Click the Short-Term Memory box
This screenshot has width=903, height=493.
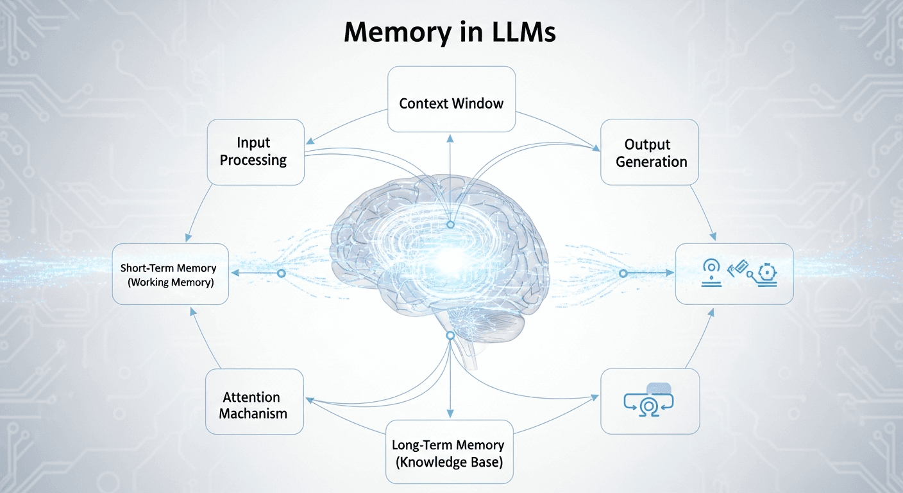click(x=170, y=274)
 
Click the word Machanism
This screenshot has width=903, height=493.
click(x=253, y=414)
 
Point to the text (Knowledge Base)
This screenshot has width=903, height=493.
click(x=448, y=462)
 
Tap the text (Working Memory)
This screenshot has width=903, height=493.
click(x=170, y=282)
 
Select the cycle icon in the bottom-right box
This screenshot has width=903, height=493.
click(x=650, y=403)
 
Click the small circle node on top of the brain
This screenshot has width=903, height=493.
click(x=450, y=225)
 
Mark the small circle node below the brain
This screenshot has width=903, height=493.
click(x=450, y=336)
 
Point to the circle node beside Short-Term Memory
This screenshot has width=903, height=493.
click(x=280, y=273)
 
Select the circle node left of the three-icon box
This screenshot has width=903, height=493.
click(x=622, y=273)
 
